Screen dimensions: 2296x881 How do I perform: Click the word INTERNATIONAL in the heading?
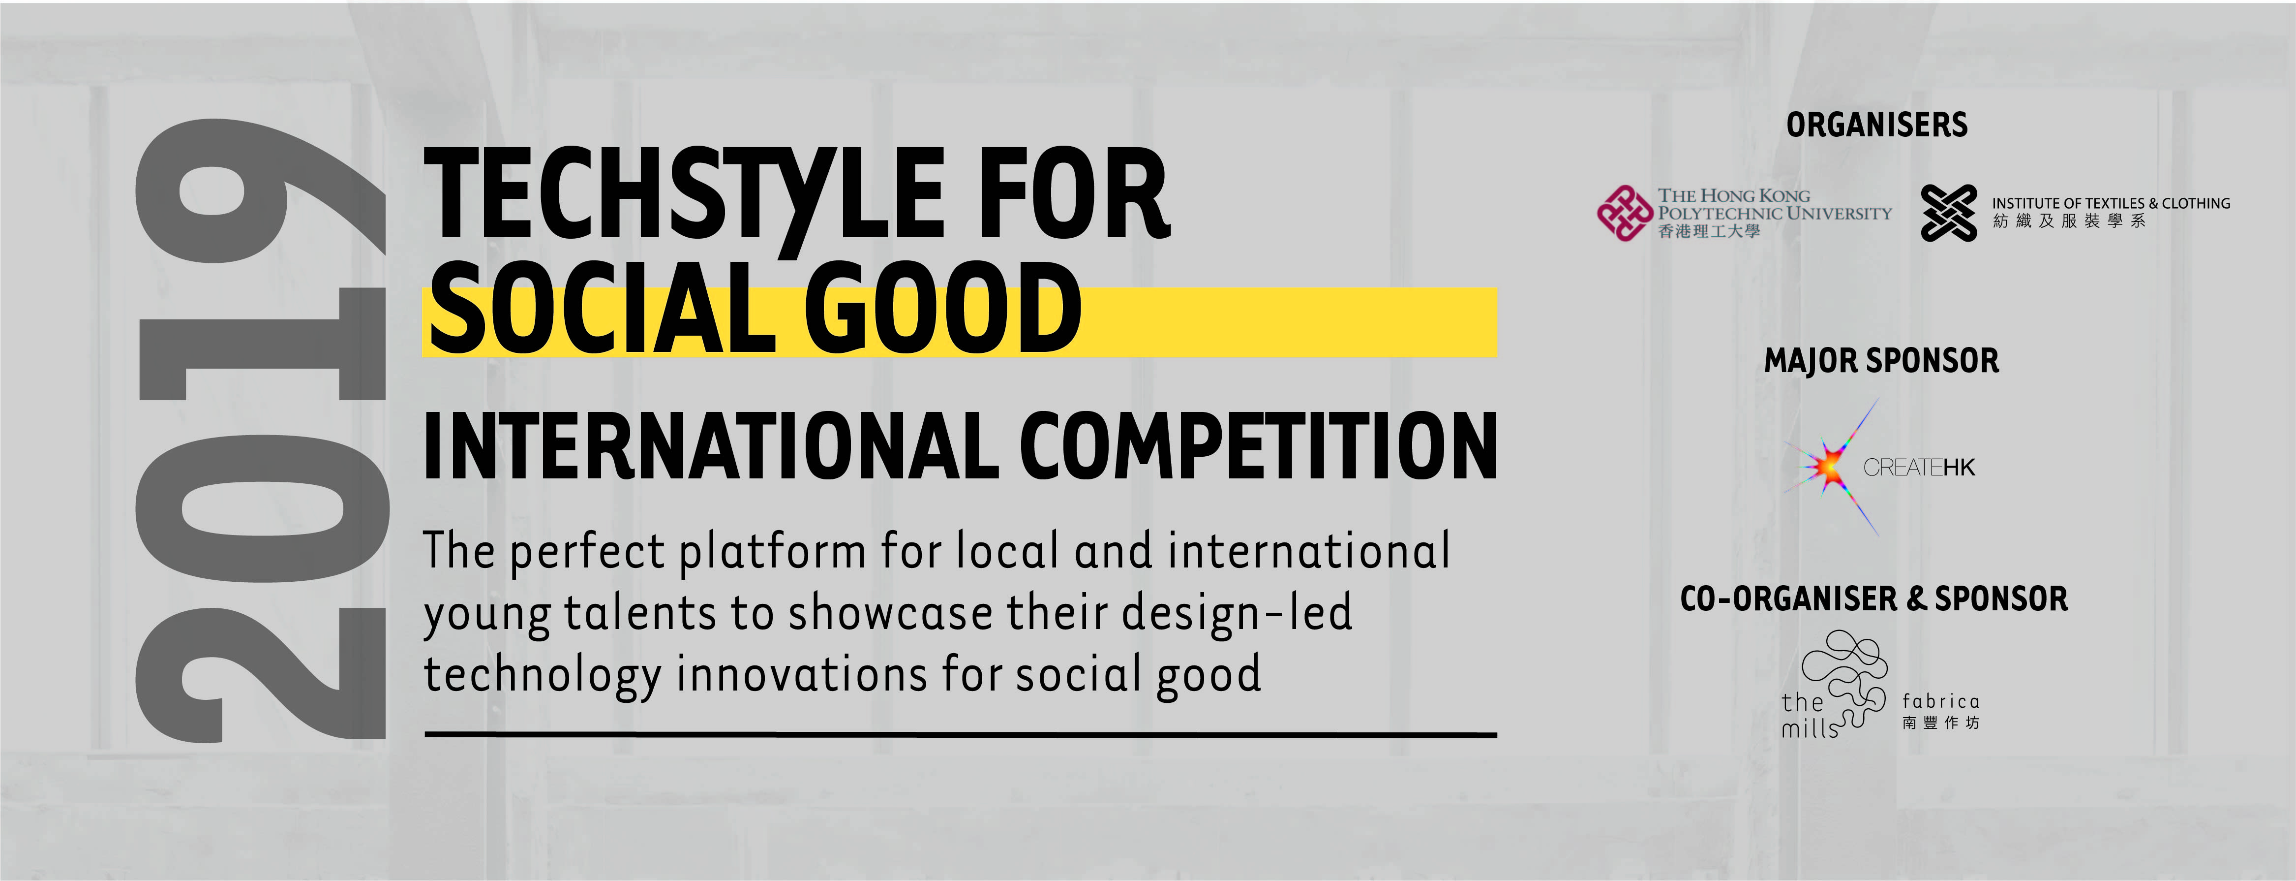(711, 446)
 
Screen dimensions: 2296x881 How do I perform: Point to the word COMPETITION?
(1258, 446)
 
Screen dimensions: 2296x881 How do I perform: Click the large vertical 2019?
(261, 429)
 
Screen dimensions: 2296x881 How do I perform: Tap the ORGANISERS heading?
(1876, 125)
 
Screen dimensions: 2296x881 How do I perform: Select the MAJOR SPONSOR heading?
(1881, 361)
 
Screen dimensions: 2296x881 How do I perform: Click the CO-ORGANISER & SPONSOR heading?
(1873, 598)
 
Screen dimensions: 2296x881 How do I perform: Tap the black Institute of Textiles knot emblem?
(1948, 213)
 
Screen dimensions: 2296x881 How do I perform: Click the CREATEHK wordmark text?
(1919, 467)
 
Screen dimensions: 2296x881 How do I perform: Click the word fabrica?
(1940, 702)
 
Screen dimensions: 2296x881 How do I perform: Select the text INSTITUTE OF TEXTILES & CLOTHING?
(2111, 203)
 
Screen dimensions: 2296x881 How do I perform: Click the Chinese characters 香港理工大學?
(1709, 232)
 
